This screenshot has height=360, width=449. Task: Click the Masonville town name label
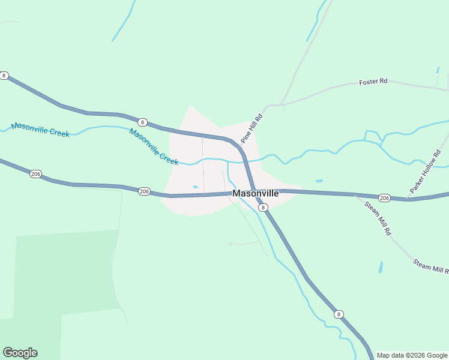point(255,194)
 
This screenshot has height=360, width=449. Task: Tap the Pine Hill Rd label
point(253,128)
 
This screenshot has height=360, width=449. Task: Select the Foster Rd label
point(373,82)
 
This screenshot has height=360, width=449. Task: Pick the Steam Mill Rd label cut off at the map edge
point(430,266)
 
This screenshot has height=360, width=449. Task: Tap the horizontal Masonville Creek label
point(40,129)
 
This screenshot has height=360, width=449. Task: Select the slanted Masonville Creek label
point(154,148)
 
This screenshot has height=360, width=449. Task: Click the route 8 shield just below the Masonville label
point(263,207)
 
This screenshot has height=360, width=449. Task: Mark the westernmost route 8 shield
point(4,76)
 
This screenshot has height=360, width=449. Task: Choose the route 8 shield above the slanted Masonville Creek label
point(142,122)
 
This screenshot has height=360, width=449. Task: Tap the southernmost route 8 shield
point(339,314)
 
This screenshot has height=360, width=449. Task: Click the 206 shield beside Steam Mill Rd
point(385,197)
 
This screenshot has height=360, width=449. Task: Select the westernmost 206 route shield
point(35,173)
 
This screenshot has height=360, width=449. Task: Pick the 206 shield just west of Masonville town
point(143,191)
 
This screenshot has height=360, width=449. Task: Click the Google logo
point(20,353)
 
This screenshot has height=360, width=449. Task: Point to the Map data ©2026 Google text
point(412,355)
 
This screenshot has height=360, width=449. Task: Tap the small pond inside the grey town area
point(196,187)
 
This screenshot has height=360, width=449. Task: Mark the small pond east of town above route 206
point(319,181)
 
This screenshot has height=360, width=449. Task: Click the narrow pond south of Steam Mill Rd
point(381,267)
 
